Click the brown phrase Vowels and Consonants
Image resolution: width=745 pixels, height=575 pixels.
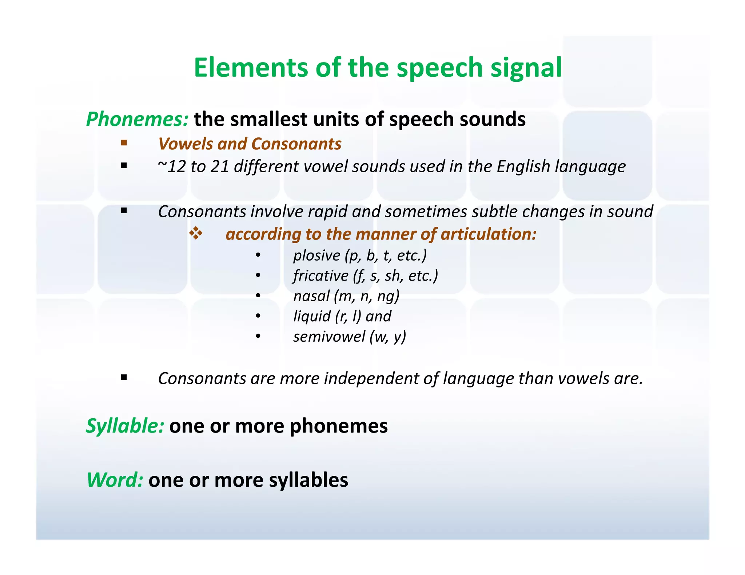click(x=250, y=144)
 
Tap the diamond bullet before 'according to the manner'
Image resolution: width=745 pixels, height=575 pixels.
click(x=196, y=234)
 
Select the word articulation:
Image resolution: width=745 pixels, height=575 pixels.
click(x=489, y=234)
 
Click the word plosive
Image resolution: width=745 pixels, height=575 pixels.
click(x=316, y=256)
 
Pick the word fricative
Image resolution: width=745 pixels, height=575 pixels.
click(x=321, y=276)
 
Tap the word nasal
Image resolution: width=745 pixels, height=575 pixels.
click(x=311, y=296)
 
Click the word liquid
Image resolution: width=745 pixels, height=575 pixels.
click(x=312, y=316)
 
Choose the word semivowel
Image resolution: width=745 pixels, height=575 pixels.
click(x=329, y=337)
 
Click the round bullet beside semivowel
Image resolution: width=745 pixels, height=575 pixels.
click(x=258, y=337)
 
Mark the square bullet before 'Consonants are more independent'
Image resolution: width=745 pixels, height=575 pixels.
click(x=124, y=378)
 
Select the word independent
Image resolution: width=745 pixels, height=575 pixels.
click(x=371, y=378)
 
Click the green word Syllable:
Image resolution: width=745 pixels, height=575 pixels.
click(x=125, y=426)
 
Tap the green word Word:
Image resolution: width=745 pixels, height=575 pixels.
click(x=115, y=480)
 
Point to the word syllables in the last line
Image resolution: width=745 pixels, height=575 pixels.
click(x=308, y=480)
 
